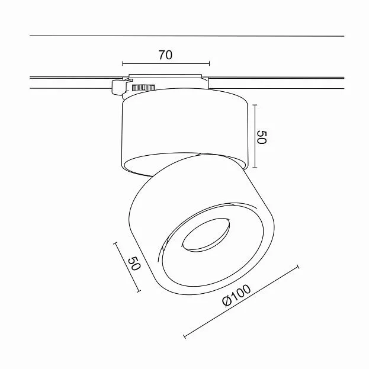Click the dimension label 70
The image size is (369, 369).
pos(165,55)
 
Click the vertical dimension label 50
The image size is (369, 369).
pos(262,137)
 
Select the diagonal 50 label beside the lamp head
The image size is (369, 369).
pos(134,264)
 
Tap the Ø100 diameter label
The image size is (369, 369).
pos(236,296)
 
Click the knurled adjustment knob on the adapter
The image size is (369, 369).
pos(143,88)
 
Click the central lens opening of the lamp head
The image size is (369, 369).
pos(206,235)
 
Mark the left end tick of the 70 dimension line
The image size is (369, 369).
pos(123,63)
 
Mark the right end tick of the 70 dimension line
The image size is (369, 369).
pos(209,63)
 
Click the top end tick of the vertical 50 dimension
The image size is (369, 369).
pos(255,105)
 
